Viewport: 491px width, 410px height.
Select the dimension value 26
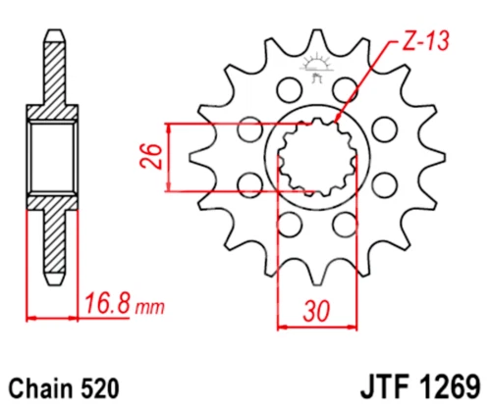point(149,156)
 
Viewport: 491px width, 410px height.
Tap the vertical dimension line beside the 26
point(171,157)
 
